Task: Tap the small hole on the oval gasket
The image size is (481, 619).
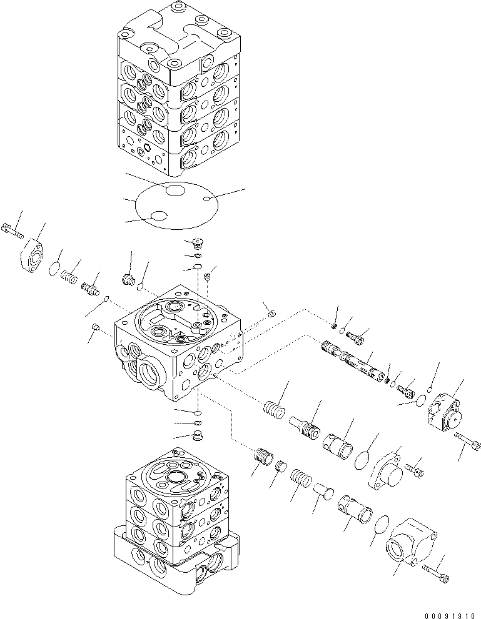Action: [x=206, y=199]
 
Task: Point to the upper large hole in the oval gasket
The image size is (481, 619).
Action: [x=175, y=190]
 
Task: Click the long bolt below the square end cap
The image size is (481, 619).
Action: [x=468, y=443]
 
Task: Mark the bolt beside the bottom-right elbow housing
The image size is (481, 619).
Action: [x=436, y=570]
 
